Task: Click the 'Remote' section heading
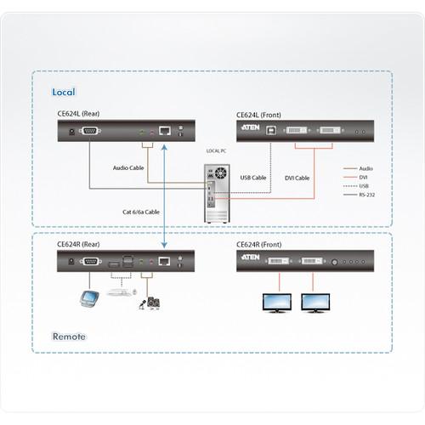tap(70, 336)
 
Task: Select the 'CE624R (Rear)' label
tap(81, 243)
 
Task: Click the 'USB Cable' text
tap(253, 178)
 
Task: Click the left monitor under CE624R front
tap(279, 302)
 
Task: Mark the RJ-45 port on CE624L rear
tap(167, 130)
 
